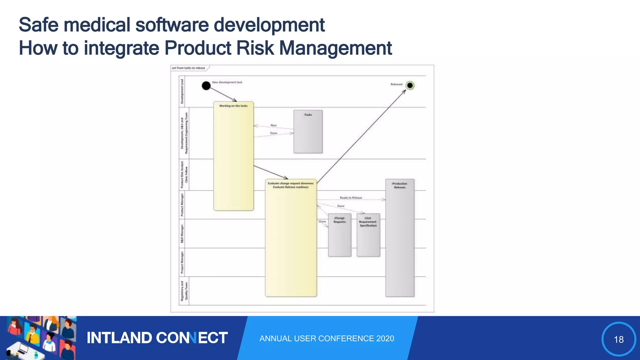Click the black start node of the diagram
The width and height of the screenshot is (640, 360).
point(206,86)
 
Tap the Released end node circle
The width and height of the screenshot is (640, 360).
point(410,85)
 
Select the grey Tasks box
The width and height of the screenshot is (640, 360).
point(308,132)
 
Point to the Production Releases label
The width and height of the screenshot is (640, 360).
point(400,185)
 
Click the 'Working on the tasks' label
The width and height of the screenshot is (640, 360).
point(233,106)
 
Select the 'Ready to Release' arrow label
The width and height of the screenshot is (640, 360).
point(351,198)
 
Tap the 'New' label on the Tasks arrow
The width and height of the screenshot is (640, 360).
point(273,125)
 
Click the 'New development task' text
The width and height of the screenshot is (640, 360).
point(227,82)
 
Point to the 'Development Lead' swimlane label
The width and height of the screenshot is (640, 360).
point(182,91)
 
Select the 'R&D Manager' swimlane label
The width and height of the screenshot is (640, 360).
point(182,233)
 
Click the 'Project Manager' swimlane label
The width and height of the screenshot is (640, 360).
point(182,262)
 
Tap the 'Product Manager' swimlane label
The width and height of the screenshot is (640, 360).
point(182,205)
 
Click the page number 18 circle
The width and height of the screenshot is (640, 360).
point(618,339)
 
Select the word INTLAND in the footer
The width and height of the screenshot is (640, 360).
point(119,338)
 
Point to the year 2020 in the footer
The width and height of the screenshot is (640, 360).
point(385,338)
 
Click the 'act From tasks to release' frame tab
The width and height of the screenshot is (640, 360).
point(189,68)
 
